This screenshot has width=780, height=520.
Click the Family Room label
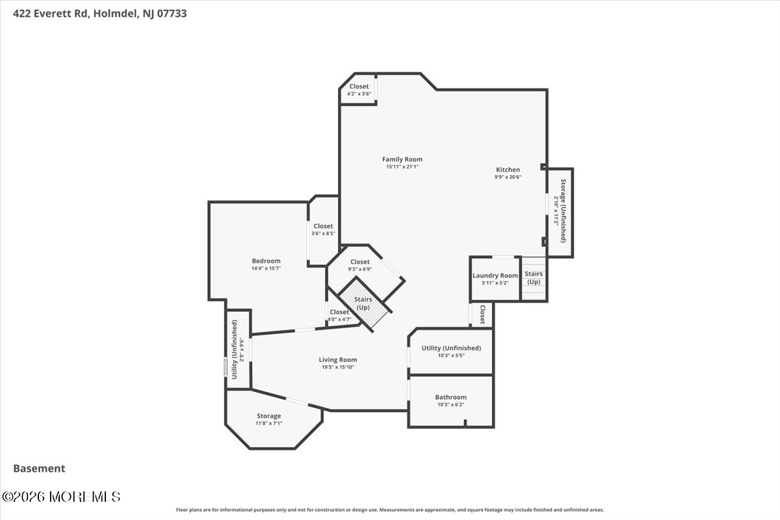[402, 159]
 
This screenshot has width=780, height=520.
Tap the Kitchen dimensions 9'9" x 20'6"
[508, 177]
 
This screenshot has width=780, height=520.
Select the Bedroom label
[266, 261]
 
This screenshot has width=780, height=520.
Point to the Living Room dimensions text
[338, 367]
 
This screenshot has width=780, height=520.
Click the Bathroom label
[450, 397]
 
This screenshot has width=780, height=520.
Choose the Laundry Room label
[495, 276]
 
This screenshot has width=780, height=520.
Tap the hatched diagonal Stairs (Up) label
[363, 304]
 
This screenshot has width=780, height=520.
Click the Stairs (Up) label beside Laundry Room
[534, 278]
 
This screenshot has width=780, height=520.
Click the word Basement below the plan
[39, 469]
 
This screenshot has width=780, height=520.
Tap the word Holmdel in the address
[116, 14]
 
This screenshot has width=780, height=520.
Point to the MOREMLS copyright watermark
[61, 497]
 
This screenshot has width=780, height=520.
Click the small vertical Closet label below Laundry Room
[483, 315]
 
